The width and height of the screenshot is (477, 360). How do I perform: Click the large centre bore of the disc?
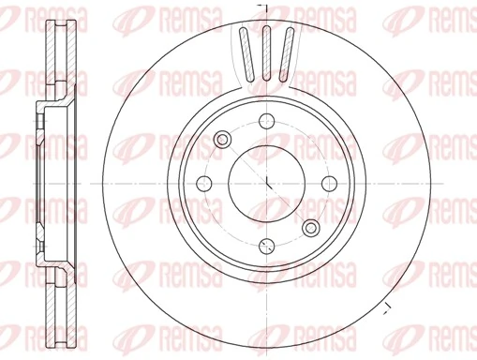tap(267, 183)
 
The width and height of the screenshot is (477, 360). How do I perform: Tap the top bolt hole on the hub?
tap(266, 119)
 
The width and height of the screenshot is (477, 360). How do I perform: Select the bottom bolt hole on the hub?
tap(267, 247)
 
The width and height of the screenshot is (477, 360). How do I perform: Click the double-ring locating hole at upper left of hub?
tap(223, 140)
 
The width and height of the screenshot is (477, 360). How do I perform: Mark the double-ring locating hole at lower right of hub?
tap(311, 226)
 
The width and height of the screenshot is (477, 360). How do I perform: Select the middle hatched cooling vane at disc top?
tap(267, 51)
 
